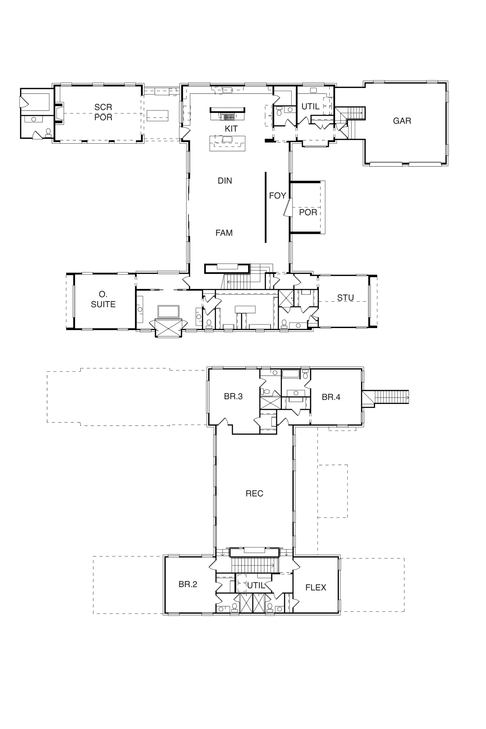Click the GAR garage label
click(402, 121)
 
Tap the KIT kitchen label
click(231, 128)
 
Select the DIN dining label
click(225, 181)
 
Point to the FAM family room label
click(224, 233)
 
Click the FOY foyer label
click(277, 196)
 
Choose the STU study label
click(346, 298)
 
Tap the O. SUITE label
click(103, 299)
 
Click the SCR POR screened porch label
click(103, 112)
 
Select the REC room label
click(255, 493)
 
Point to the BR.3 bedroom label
click(233, 396)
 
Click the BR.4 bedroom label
click(331, 397)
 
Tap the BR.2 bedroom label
click(188, 584)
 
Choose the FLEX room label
click(316, 588)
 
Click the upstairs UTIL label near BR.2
click(256, 586)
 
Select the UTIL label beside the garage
click(310, 107)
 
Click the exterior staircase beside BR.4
click(392, 397)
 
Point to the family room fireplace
click(227, 269)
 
